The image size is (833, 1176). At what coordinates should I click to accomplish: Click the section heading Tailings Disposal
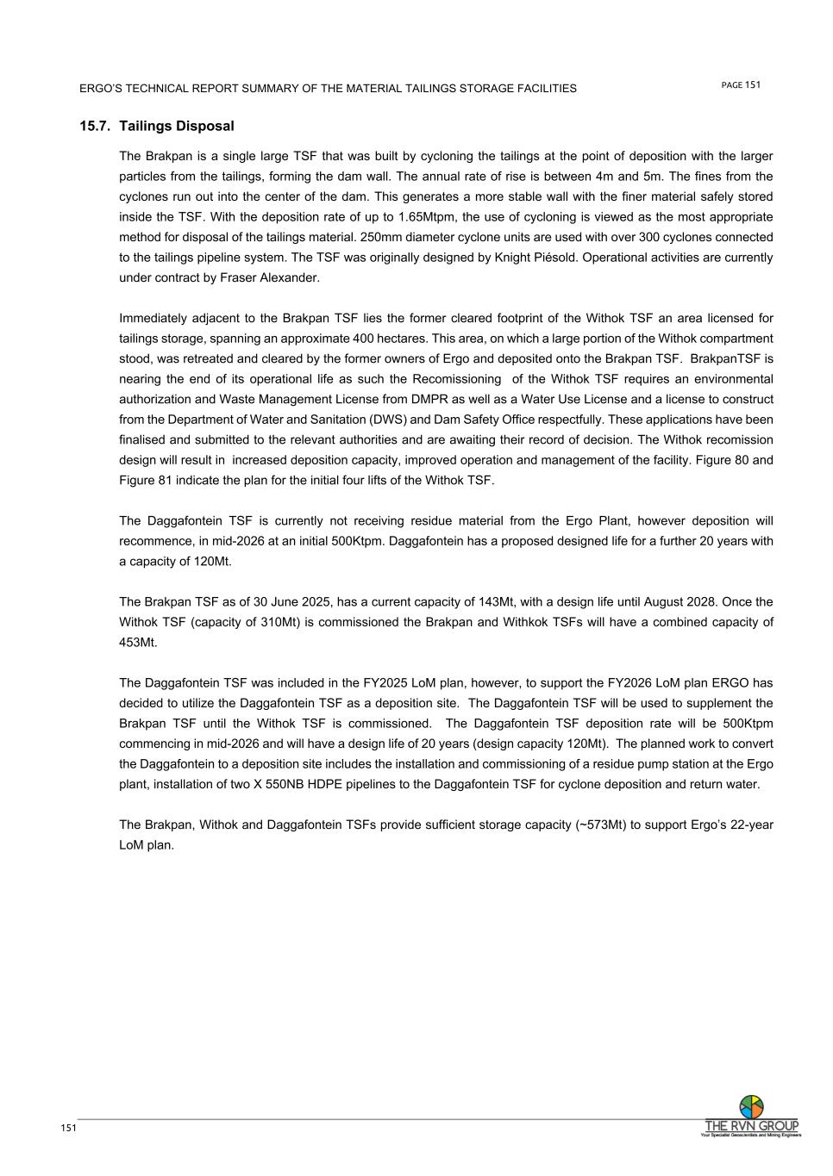(x=176, y=126)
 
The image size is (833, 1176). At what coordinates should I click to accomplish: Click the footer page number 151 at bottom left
(x=68, y=1129)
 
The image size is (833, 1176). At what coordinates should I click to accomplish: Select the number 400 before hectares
(x=364, y=339)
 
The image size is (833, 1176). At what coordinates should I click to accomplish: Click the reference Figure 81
(x=143, y=481)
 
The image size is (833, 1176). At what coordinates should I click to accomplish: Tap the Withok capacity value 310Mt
(x=280, y=622)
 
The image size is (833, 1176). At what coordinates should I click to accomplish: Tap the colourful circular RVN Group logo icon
(x=751, y=1106)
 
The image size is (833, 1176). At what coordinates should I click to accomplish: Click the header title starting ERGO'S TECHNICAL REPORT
(x=328, y=89)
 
